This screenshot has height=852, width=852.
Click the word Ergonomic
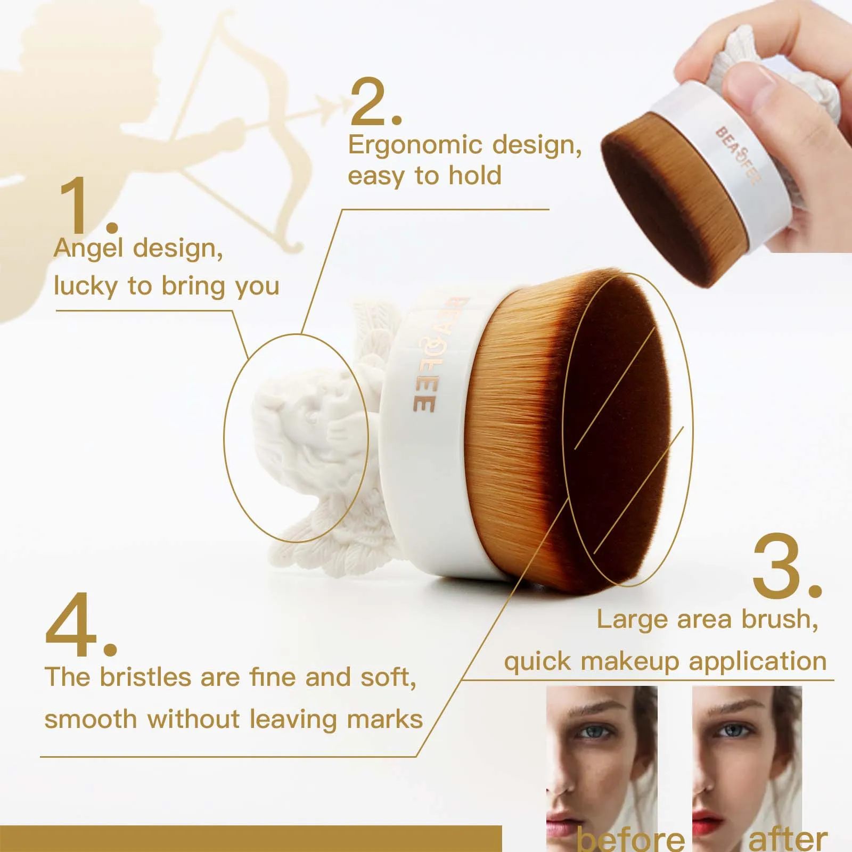[415, 145]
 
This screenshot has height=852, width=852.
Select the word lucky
[85, 286]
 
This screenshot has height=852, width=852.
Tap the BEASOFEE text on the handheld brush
[738, 155]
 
